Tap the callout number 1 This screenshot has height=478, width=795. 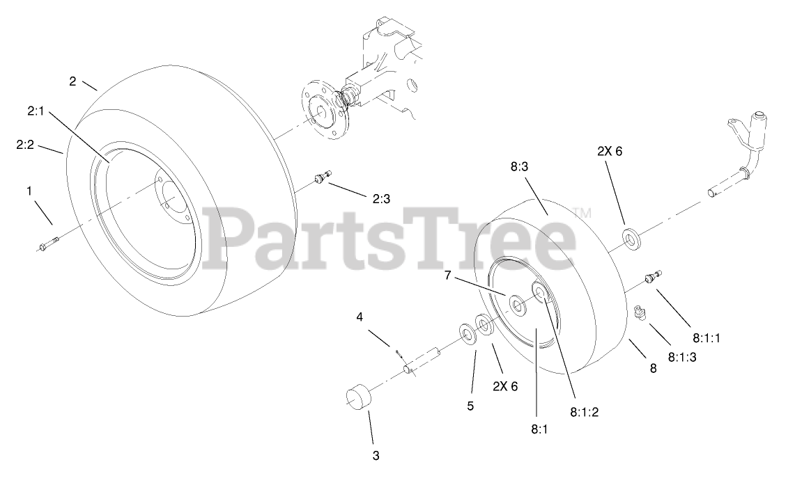click(x=29, y=189)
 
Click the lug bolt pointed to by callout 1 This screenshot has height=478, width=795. click(x=48, y=244)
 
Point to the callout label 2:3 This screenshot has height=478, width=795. click(x=381, y=198)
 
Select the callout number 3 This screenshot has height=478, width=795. click(x=376, y=456)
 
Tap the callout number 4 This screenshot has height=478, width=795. click(x=360, y=317)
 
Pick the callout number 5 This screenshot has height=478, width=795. click(x=470, y=406)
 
